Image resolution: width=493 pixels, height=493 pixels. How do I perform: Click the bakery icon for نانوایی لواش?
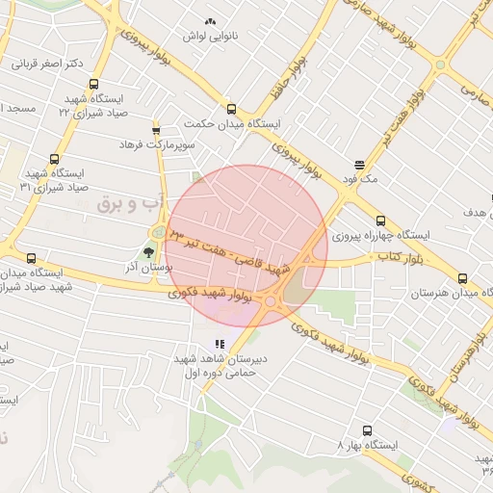[x=211, y=20]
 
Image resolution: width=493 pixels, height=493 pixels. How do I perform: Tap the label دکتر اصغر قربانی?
[x=48, y=65]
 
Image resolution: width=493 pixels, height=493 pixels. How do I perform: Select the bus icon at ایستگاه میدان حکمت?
[x=231, y=109]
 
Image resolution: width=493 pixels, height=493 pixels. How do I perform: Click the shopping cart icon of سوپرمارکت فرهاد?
[x=156, y=130]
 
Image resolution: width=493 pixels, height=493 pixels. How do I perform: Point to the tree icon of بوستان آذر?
[x=148, y=252]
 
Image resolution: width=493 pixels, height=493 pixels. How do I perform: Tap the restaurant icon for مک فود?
[x=359, y=165]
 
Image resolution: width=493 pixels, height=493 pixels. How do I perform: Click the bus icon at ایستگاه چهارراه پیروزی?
[x=380, y=221]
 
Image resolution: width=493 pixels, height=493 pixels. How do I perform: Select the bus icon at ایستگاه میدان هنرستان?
[x=463, y=278]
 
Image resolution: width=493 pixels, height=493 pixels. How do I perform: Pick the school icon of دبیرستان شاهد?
[x=221, y=344]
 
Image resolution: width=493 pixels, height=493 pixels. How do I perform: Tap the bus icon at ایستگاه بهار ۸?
[x=367, y=430]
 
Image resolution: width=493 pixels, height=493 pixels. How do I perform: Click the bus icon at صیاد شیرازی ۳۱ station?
[x=53, y=160]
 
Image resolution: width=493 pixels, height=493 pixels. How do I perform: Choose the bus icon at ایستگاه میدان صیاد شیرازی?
[x=32, y=258]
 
